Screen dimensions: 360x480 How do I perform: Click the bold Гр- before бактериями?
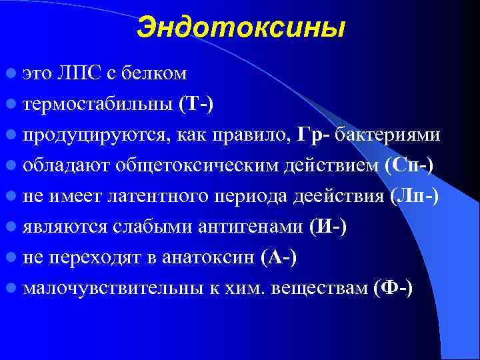(x=313, y=134)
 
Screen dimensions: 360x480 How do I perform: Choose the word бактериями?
(x=387, y=134)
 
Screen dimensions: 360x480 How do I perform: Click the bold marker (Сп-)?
(x=409, y=165)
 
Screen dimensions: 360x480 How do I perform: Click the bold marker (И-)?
(x=328, y=227)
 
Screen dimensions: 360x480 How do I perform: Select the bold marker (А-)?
(x=279, y=257)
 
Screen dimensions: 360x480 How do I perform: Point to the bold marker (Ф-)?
(x=393, y=288)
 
